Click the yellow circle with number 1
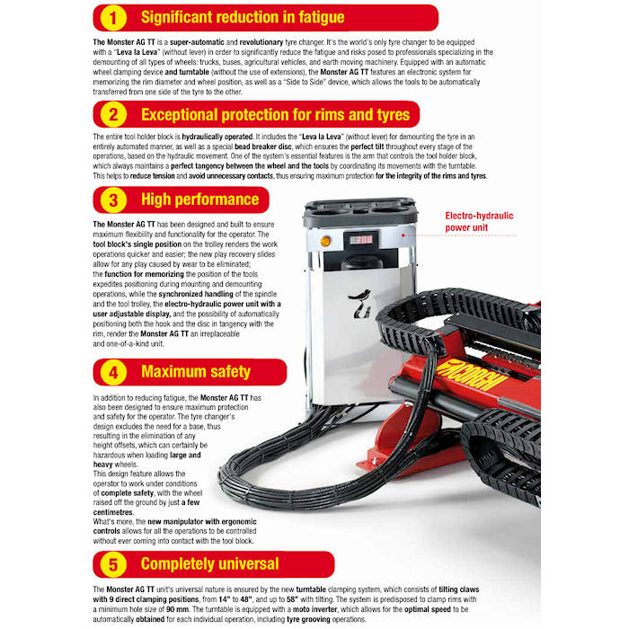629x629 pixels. coord(113,18)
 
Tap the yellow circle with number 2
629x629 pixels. coord(113,115)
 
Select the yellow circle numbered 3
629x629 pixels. coord(113,199)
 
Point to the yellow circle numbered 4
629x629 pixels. coord(113,372)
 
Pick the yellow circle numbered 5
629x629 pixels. coord(113,564)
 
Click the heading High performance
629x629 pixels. coord(199,199)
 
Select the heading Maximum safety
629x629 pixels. coord(196,372)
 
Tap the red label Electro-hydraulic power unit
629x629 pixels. coord(479,221)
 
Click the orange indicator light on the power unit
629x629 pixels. coord(325,241)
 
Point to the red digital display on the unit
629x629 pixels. coord(361,240)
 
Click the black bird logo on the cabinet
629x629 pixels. coord(360,304)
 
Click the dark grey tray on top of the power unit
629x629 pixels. coord(359,212)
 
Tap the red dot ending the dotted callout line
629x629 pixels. coord(403,235)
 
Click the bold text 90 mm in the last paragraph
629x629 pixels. coord(177,609)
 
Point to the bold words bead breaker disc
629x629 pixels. coord(262,146)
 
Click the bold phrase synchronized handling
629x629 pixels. coord(196,294)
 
